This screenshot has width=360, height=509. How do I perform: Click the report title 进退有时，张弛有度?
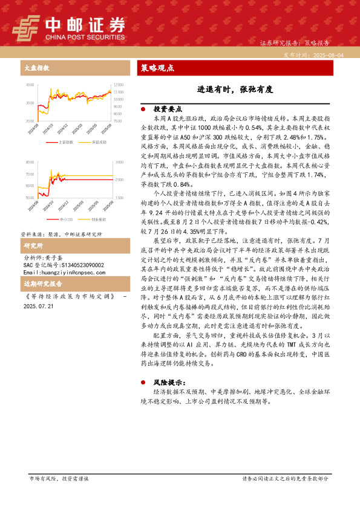pyautogui.click(x=235, y=89)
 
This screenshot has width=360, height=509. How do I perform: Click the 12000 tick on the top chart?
pyautogui.click(x=119, y=85)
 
